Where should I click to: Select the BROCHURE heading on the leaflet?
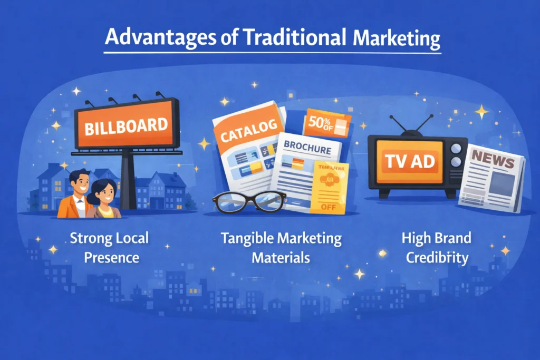(308, 149)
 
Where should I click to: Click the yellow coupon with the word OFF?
(330, 188)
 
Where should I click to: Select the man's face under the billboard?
(79, 184)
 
